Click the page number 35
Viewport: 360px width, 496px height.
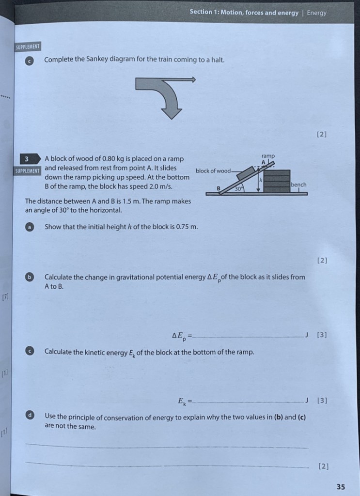click(341, 487)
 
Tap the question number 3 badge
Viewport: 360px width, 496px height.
click(28, 159)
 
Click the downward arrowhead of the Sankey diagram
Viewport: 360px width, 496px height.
click(171, 113)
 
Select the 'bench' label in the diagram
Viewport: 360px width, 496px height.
click(298, 185)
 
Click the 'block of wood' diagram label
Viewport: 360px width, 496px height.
click(213, 171)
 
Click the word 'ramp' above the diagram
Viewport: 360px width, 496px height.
click(268, 155)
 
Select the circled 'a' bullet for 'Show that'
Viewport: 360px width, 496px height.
click(30, 227)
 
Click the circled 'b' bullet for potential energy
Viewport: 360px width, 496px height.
click(30, 277)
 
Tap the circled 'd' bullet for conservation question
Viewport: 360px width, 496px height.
click(30, 416)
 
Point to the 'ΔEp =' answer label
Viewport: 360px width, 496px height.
click(182, 335)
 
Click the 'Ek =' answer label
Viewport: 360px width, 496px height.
click(185, 401)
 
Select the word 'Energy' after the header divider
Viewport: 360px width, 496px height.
click(316, 13)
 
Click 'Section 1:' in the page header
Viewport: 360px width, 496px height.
click(204, 13)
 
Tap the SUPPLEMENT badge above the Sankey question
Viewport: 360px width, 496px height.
click(28, 47)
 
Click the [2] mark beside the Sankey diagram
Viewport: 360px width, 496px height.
click(321, 134)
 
